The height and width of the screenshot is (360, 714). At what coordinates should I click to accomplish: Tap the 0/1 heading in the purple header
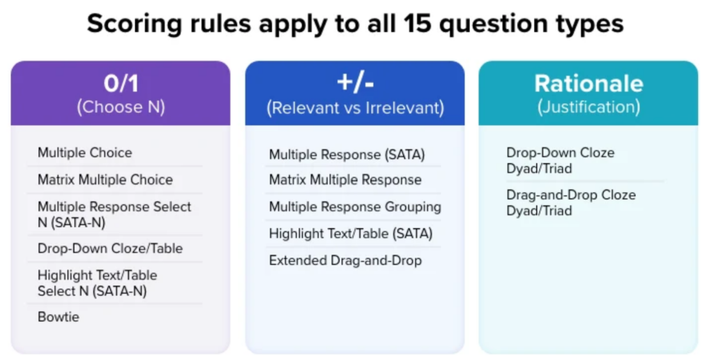pos(121,84)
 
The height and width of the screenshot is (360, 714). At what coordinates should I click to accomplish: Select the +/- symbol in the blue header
pos(355,83)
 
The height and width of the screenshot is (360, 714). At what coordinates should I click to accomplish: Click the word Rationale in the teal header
pos(588,84)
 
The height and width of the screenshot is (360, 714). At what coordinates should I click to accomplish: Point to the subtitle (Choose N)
pos(121,107)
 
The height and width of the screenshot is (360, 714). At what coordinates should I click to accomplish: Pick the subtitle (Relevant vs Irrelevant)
pos(355,108)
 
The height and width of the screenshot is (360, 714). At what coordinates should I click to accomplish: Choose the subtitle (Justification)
pos(588,107)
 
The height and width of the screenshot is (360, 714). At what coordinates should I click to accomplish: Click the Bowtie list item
pos(59,317)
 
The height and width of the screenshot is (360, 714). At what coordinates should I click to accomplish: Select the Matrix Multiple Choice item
pos(105,179)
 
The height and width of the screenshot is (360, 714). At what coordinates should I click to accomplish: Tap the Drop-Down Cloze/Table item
pos(110,248)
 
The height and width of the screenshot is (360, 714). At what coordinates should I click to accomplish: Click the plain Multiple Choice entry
pos(84,153)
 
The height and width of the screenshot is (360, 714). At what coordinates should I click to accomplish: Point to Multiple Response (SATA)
pos(347,154)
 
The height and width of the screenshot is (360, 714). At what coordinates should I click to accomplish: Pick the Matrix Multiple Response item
pos(345,179)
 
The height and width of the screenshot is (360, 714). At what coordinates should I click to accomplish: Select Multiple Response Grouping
pos(355,207)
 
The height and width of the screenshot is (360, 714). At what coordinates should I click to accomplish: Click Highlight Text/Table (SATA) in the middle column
pos(351,234)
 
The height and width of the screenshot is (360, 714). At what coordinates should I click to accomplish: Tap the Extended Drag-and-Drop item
pos(345,261)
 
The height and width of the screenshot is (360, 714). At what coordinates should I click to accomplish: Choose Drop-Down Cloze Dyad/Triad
pos(560,160)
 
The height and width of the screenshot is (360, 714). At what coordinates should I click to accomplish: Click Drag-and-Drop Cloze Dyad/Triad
pos(571,203)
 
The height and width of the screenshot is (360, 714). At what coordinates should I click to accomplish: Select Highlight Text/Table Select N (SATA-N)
pos(98,283)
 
